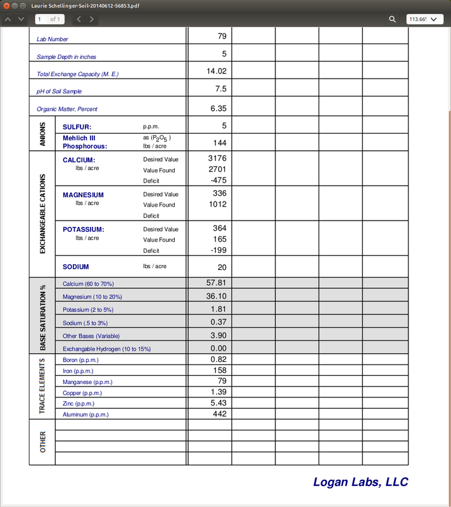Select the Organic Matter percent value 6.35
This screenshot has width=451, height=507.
click(218, 108)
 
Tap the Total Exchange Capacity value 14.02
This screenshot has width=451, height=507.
click(217, 72)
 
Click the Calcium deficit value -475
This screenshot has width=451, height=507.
click(217, 181)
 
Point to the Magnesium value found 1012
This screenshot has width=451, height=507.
click(217, 204)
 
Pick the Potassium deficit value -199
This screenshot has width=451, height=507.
click(217, 250)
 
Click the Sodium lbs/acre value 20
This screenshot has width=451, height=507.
click(222, 267)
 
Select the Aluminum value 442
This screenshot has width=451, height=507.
click(219, 413)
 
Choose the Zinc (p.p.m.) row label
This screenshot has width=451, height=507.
click(79, 404)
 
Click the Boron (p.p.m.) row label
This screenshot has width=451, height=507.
click(80, 360)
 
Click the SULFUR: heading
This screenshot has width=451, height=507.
click(77, 127)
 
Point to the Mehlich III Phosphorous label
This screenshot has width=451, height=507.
click(85, 142)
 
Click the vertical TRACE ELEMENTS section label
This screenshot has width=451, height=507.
click(42, 386)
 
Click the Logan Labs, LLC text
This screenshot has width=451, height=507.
click(360, 482)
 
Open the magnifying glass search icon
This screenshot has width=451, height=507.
click(393, 19)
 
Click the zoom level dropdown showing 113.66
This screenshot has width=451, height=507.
click(424, 19)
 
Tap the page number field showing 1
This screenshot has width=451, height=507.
click(49, 19)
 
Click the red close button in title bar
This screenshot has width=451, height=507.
click(6, 5)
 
